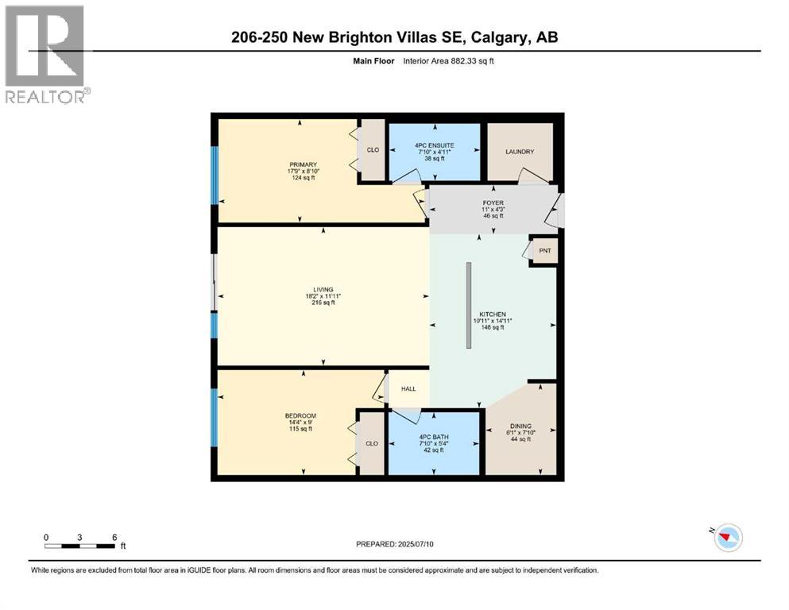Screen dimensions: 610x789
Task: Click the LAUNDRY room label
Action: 520,152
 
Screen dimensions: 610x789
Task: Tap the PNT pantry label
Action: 544,251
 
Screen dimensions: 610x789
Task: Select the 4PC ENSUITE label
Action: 434,145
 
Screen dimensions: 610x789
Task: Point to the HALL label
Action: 408,388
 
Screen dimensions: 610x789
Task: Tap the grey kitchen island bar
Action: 469,304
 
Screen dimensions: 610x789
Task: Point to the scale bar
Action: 80,546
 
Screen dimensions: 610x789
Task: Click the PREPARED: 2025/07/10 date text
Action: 395,544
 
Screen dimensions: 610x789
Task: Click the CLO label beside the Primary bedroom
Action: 373,149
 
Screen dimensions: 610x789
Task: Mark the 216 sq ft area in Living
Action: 323,303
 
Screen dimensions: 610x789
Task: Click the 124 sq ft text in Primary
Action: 304,178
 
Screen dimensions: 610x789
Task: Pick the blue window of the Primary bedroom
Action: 213,173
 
